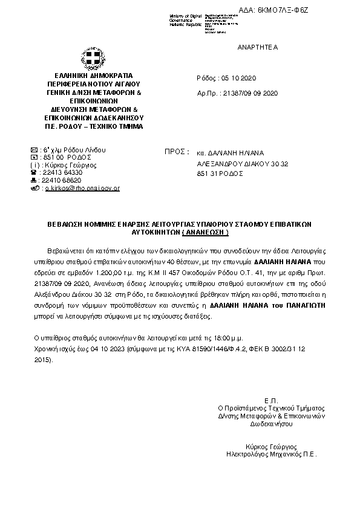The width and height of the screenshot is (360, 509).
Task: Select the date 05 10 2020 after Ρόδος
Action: pos(240,78)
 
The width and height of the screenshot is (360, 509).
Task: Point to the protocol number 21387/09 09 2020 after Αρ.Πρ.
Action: pos(250,94)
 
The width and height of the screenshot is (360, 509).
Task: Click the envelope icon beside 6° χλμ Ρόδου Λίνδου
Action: pos(34,149)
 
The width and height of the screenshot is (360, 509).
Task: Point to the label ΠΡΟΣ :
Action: pos(177,152)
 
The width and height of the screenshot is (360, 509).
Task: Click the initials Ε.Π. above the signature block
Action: pos(270,400)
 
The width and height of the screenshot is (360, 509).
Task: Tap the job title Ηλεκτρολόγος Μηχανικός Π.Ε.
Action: pos(271,452)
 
